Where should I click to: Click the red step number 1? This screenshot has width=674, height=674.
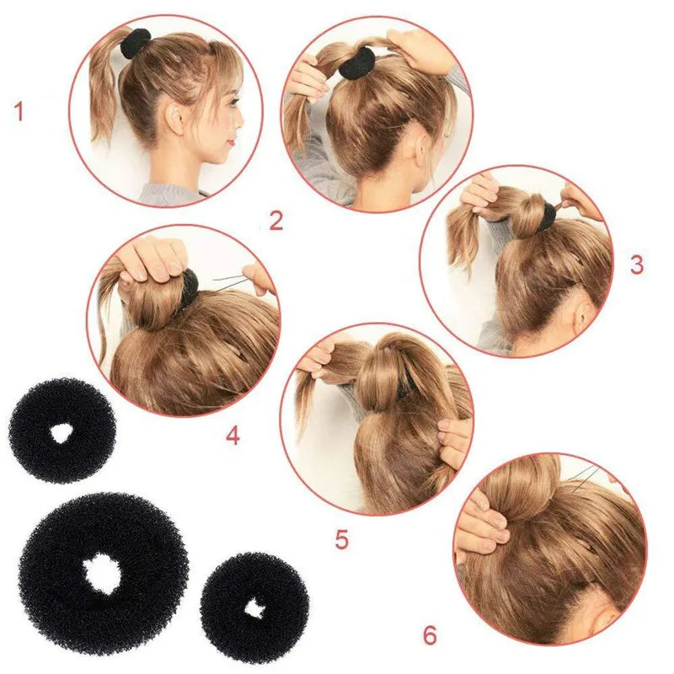(x=18, y=111)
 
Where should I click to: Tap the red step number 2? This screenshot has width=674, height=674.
(x=276, y=221)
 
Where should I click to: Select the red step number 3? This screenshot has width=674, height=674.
(x=637, y=265)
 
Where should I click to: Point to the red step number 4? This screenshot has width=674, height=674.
(x=233, y=436)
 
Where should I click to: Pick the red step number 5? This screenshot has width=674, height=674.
(x=341, y=540)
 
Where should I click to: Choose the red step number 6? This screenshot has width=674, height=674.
(x=430, y=635)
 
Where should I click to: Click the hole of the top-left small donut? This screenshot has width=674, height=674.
(x=61, y=433)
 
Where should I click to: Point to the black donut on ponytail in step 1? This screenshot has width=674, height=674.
(x=134, y=43)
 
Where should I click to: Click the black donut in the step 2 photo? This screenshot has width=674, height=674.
(x=357, y=63)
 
